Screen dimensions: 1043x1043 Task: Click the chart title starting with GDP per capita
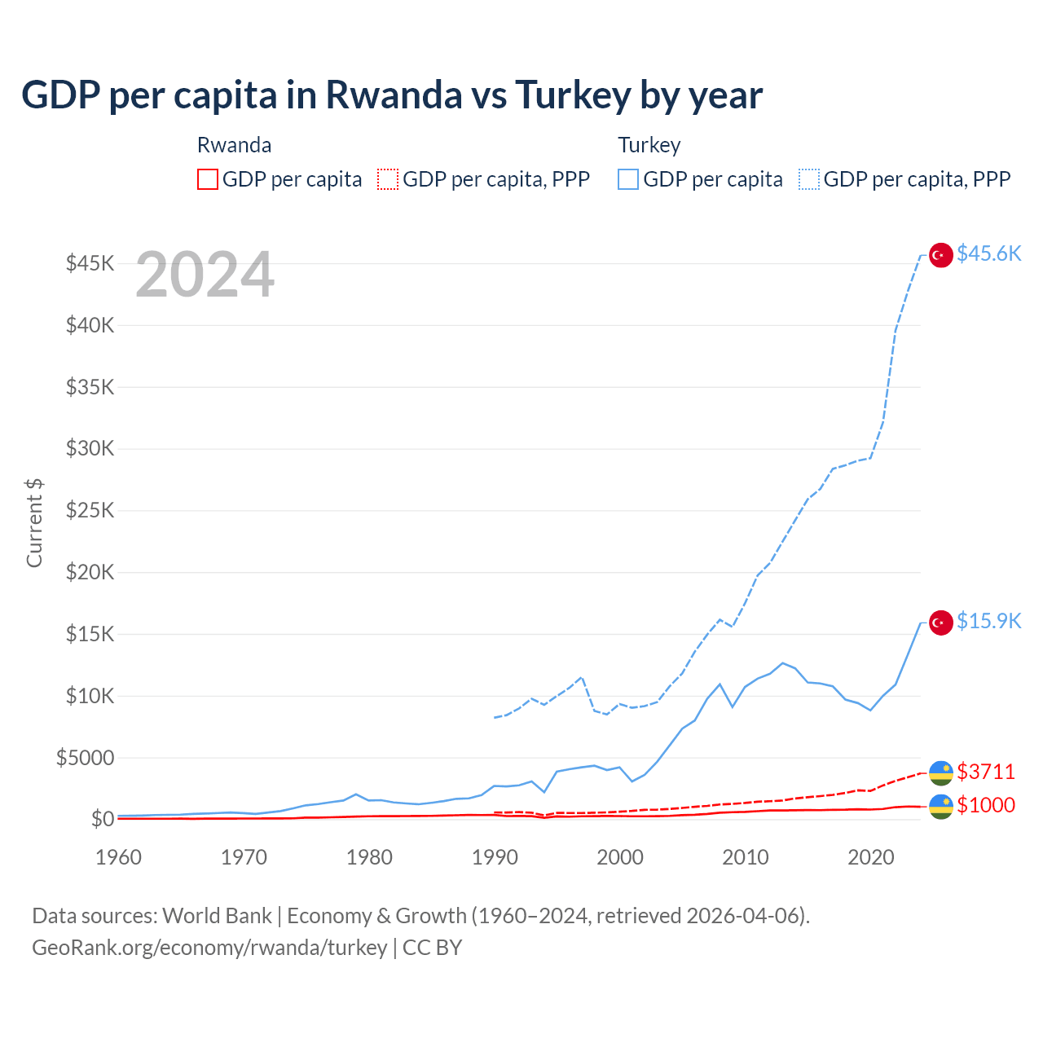[x=391, y=95]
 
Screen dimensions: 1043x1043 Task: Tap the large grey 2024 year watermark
[x=205, y=275]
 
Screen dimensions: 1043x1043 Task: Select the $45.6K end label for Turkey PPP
[x=988, y=253]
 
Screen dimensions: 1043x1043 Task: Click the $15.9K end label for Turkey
[x=988, y=621]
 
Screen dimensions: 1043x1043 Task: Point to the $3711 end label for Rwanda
[x=985, y=771]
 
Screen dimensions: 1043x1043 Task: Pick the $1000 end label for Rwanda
[x=985, y=805]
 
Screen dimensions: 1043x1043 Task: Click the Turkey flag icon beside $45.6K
[x=941, y=255]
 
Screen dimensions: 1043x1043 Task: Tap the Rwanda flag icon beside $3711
[x=941, y=772]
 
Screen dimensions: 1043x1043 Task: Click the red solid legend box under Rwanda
[x=208, y=179]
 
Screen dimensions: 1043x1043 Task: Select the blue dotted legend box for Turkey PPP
[x=809, y=179]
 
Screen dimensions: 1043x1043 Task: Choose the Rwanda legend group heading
[x=234, y=145]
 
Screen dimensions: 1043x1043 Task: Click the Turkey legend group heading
[x=649, y=145]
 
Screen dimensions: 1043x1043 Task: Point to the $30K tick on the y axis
[x=90, y=448]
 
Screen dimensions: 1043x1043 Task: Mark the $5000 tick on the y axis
[x=86, y=758]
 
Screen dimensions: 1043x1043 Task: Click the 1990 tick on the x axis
[x=495, y=857]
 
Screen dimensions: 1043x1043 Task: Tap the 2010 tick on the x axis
[x=746, y=857]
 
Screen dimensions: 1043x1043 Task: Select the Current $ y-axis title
[x=34, y=522]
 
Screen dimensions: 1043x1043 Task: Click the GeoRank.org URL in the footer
[x=209, y=948]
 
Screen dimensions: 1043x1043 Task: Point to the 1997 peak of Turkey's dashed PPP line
[x=581, y=677]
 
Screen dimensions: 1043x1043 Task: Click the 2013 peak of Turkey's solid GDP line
[x=782, y=662]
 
